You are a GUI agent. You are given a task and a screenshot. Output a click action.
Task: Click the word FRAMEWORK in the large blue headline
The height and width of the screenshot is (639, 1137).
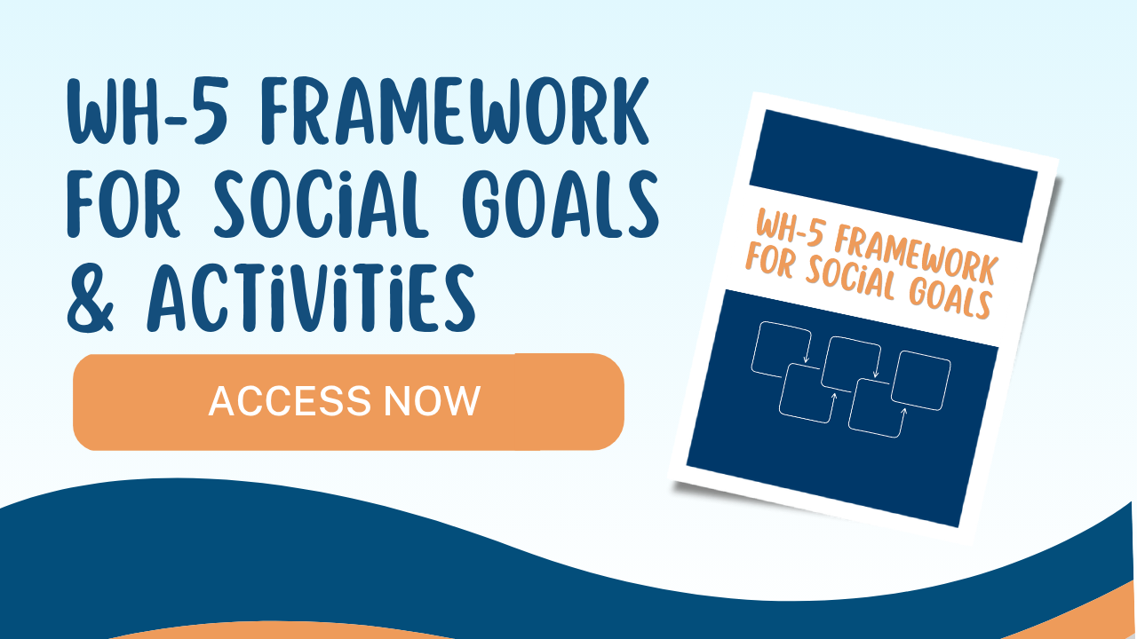click(x=454, y=111)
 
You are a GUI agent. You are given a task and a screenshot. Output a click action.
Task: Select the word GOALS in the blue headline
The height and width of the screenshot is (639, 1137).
click(x=561, y=204)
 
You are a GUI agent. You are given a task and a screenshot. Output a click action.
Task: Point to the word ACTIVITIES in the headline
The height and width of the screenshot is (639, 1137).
click(x=311, y=298)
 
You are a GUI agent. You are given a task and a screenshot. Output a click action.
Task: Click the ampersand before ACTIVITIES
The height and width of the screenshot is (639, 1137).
click(x=90, y=298)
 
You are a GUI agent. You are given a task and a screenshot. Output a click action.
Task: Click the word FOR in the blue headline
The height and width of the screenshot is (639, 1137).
click(x=123, y=204)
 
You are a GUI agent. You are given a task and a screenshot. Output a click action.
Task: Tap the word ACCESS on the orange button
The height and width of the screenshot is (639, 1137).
click(x=290, y=401)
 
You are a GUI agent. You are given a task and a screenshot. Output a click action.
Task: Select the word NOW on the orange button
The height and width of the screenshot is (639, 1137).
click(x=432, y=401)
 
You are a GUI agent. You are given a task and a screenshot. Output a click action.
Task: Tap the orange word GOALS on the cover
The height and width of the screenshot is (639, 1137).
click(x=950, y=299)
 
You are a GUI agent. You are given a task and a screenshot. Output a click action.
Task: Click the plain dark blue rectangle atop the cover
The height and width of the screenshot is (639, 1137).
click(x=894, y=176)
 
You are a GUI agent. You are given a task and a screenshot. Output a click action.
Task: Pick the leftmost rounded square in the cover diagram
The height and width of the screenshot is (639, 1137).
click(x=781, y=350)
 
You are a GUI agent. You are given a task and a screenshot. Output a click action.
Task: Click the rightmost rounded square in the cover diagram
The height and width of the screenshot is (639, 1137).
click(x=921, y=381)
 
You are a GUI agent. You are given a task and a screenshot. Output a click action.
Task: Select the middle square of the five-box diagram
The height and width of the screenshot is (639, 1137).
click(x=851, y=364)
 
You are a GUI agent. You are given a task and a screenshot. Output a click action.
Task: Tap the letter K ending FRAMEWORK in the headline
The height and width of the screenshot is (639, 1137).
click(x=631, y=111)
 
